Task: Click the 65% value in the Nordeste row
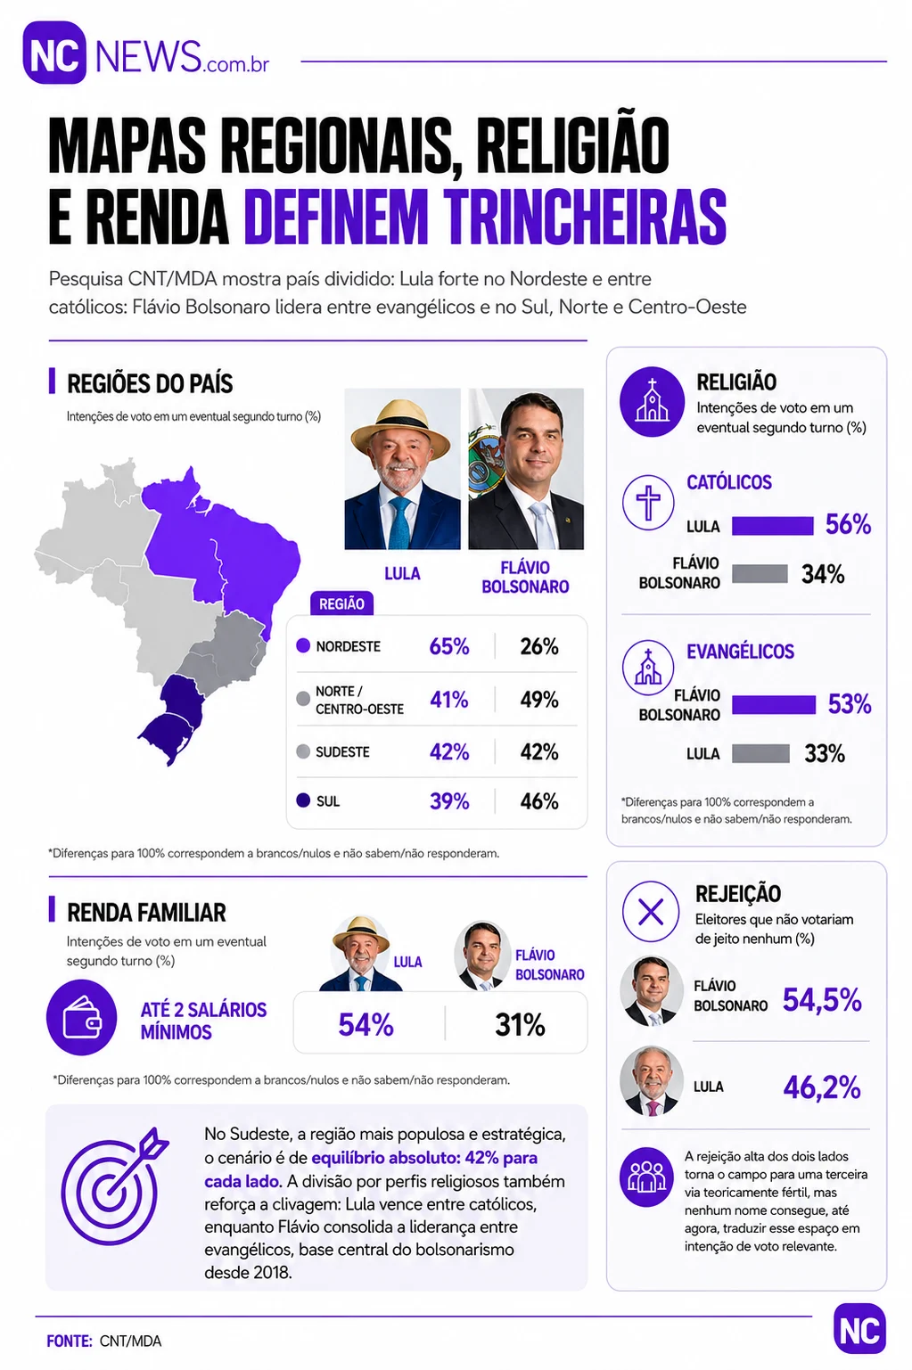[x=449, y=646]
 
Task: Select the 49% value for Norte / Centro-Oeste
[x=538, y=699]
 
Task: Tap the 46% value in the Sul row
[x=538, y=800]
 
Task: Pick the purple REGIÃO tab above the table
[x=341, y=603]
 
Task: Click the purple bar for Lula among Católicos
[x=773, y=525]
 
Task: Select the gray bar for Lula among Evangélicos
[x=760, y=753]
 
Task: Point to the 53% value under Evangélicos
[x=849, y=704]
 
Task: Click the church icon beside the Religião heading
[x=652, y=402]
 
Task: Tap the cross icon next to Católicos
[x=648, y=502]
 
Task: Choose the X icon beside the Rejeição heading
[x=650, y=912]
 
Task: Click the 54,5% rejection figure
[x=822, y=999]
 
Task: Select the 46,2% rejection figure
[x=822, y=1087]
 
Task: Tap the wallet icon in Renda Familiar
[x=81, y=1017]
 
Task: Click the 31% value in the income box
[x=520, y=1024]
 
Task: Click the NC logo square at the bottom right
[x=859, y=1330]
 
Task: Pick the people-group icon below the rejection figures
[x=646, y=1177]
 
